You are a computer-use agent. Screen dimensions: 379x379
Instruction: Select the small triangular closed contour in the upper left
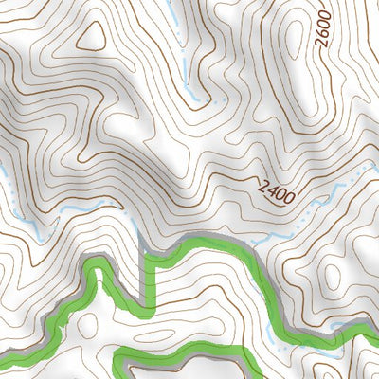[92, 35]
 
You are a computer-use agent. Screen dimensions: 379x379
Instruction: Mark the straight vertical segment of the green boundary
[146, 275]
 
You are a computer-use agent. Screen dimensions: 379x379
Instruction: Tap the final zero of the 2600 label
[325, 16]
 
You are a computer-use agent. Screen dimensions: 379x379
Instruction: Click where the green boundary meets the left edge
[3, 361]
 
